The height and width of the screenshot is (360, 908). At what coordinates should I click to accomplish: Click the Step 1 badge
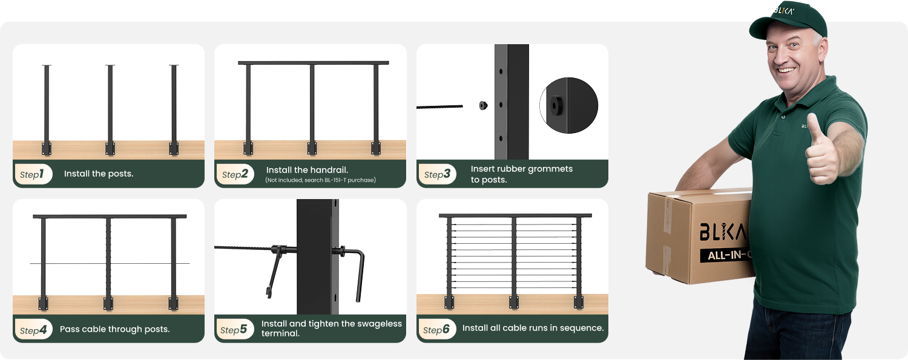[33, 174]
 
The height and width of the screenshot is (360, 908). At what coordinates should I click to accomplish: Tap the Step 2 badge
[235, 174]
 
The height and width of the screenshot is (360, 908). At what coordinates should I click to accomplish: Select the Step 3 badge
[438, 174]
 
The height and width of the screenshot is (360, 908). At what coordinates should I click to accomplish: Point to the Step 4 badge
[33, 330]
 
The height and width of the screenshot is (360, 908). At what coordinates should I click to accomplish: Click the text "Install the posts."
[99, 174]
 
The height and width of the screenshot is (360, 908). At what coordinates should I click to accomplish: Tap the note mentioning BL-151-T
[321, 180]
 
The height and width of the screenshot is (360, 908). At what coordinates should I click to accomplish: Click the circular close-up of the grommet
[569, 105]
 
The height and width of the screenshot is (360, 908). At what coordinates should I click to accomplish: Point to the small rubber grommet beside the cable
[483, 105]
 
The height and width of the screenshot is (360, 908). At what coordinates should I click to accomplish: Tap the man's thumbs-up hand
[821, 152]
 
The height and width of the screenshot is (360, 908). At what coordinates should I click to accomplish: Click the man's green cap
[788, 20]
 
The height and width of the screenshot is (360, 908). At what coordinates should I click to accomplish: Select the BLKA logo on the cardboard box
[723, 231]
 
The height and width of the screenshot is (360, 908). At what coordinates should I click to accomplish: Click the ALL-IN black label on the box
[726, 255]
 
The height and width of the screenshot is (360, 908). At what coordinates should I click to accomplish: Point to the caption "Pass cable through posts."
[115, 329]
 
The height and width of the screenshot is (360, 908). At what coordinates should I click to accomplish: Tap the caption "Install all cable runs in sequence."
[533, 328]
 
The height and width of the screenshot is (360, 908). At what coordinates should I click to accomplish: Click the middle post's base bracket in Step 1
[110, 148]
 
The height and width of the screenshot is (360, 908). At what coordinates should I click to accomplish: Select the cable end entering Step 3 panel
[440, 107]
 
